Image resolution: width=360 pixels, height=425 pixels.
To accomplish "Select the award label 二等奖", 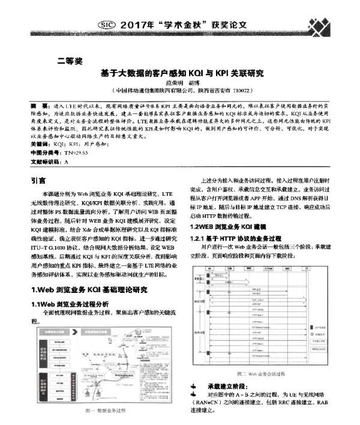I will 70,61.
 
